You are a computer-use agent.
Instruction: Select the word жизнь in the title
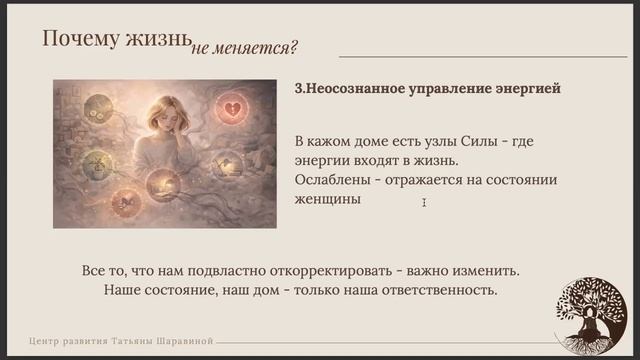156,39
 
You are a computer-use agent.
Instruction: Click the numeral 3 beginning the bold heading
299,89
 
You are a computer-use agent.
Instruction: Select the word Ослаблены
334,180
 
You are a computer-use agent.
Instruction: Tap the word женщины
328,199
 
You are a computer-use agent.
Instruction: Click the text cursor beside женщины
424,203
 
